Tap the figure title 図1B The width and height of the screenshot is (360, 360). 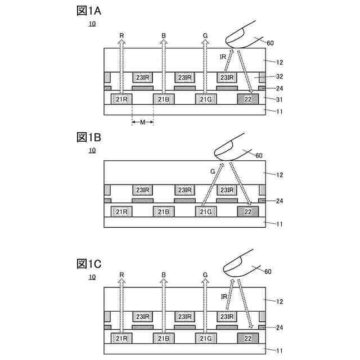88,137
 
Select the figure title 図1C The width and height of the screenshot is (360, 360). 89,263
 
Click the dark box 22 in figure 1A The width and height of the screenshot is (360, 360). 247,100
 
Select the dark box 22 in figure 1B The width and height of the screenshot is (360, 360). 247,211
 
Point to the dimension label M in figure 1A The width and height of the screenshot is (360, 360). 143,122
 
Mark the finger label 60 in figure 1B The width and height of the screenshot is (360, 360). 259,156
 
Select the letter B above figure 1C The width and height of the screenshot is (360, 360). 164,275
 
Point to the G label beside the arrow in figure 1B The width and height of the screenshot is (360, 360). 213,170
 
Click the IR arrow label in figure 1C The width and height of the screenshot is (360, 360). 224,296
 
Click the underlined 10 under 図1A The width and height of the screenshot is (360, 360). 92,24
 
